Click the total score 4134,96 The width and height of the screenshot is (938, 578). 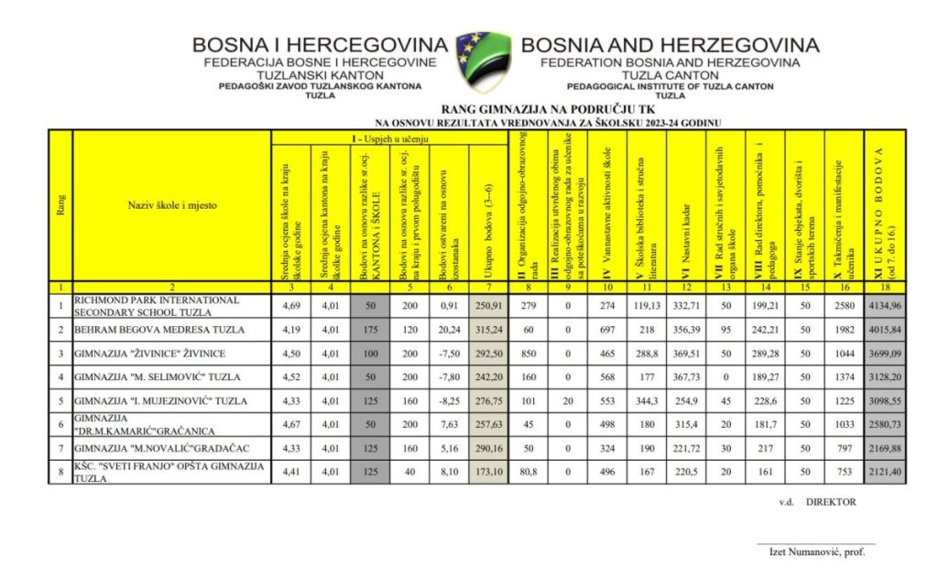coord(884,306)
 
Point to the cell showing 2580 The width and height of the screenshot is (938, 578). coord(844,306)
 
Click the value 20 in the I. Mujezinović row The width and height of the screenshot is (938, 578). coord(568,400)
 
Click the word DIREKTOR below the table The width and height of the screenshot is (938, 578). coord(830,502)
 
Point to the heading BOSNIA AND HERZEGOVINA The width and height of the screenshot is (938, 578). coord(670,45)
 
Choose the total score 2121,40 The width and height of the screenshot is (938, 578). coord(884,472)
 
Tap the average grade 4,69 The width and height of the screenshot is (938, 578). coord(290,306)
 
